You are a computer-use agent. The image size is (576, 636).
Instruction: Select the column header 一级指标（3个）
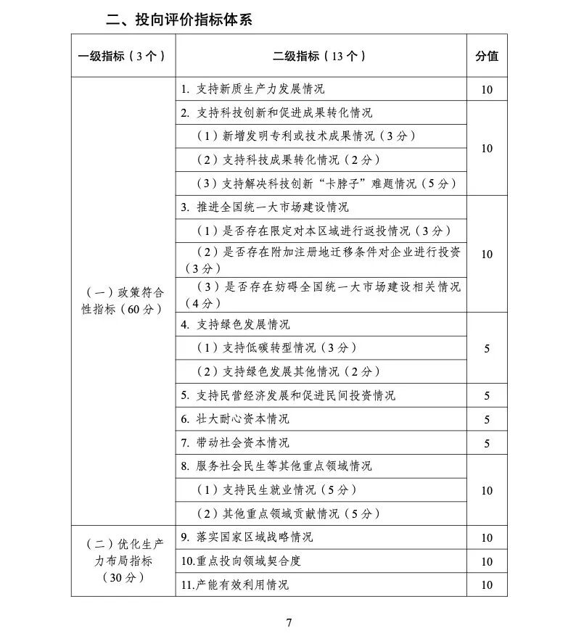(x=122, y=56)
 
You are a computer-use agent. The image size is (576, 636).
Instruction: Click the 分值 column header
(x=486, y=56)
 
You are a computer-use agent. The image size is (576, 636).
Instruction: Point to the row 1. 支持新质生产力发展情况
(x=252, y=89)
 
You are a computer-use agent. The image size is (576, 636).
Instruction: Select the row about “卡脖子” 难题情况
(x=328, y=183)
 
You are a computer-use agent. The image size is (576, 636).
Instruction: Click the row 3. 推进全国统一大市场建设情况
(x=265, y=207)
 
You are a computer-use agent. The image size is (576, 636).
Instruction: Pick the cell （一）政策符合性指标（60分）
(x=124, y=300)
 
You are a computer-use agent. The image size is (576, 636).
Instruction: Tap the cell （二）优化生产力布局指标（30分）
(x=124, y=561)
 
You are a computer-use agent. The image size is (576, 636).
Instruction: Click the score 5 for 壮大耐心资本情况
(x=487, y=419)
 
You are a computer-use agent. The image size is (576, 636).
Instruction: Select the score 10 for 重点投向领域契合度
(x=487, y=561)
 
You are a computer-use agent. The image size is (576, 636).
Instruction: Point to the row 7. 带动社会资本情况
(x=235, y=442)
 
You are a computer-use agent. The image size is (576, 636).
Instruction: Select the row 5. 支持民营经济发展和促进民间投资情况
(x=288, y=395)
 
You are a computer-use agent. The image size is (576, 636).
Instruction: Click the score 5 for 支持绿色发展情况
(x=487, y=348)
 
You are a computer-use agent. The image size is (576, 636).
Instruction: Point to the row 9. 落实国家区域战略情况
(x=247, y=537)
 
